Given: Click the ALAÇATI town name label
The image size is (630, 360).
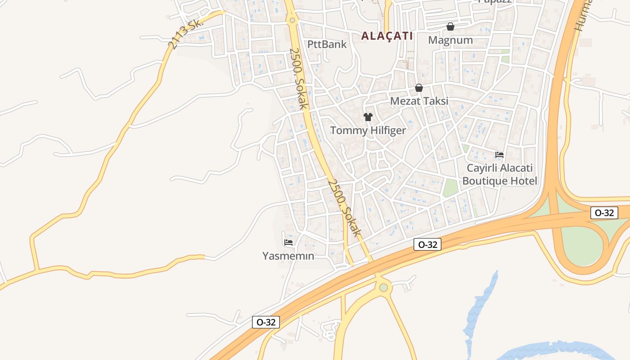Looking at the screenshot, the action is pos(387,36).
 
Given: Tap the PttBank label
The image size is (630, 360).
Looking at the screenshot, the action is pos(327,44).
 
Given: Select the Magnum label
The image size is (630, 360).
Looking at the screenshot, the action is pos(450,40).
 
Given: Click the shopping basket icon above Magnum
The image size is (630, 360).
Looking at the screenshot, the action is pos(450,27).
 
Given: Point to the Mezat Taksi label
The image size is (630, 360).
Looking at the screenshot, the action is pos(419,101).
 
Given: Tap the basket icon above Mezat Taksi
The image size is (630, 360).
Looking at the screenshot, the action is pos(419,88).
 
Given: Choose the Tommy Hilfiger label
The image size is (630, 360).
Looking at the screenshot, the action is pos(368,130).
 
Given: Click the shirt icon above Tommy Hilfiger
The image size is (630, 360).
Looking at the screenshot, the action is pos(368,117).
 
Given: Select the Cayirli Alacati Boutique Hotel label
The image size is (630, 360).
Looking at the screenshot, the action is pos(499,175).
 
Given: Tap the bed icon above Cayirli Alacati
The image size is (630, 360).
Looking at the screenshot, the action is pos(499,155).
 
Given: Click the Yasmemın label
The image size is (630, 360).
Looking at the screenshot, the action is pos(288,256).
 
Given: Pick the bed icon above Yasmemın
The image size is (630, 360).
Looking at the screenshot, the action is pos(288,242).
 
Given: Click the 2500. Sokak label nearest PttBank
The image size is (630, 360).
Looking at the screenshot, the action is pos(298,79).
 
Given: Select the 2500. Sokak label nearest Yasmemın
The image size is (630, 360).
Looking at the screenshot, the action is pos(344,208).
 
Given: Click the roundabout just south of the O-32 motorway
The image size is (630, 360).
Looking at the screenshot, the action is pos(383,287).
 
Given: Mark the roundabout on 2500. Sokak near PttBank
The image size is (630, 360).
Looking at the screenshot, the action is pos(292,20).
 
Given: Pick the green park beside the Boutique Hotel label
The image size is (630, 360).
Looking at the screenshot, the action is pos(450,188).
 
